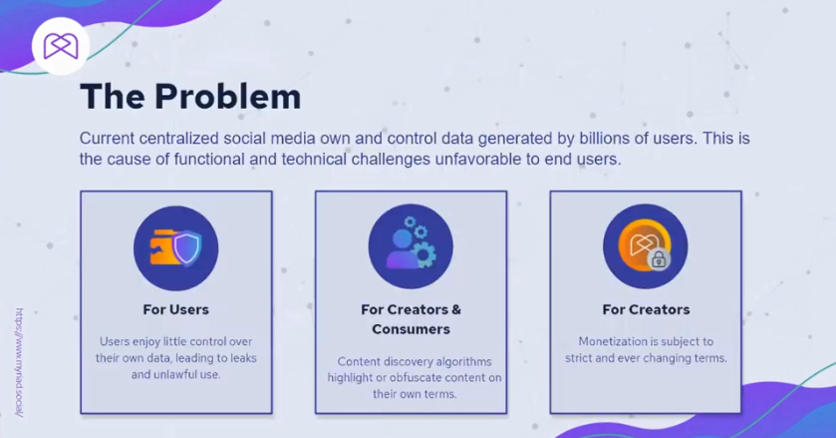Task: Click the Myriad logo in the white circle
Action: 61,46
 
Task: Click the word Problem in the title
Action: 227,97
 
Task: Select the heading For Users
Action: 176,310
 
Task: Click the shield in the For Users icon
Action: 187,247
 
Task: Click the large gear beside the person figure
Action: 423,254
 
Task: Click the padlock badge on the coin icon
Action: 659,259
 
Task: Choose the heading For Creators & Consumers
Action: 412,319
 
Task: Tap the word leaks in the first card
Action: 242,358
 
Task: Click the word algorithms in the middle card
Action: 463,361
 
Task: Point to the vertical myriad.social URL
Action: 20,362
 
